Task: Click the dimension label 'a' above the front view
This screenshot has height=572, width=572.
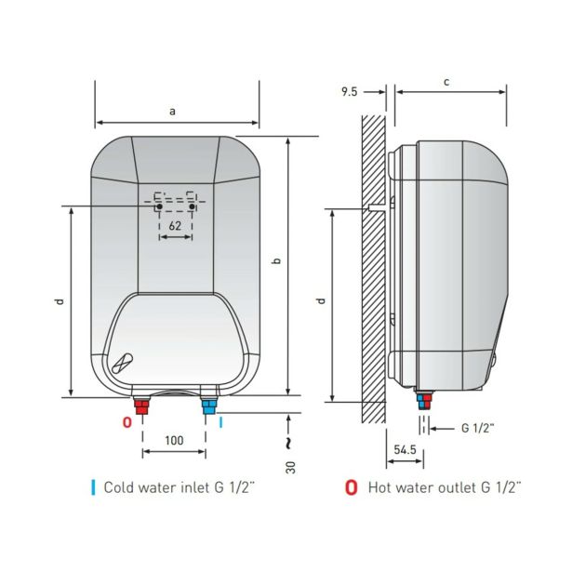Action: pyautogui.click(x=172, y=111)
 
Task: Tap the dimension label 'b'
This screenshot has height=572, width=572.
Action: pyautogui.click(x=277, y=260)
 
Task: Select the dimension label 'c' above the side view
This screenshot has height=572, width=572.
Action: pyautogui.click(x=446, y=82)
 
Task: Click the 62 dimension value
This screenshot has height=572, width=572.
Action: pyautogui.click(x=175, y=226)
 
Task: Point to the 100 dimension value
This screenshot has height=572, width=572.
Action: pyautogui.click(x=174, y=440)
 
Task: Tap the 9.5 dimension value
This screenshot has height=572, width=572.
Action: pyautogui.click(x=349, y=91)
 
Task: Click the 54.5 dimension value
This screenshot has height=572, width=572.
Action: pyautogui.click(x=405, y=449)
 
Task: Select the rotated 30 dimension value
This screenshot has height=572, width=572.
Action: pyautogui.click(x=290, y=467)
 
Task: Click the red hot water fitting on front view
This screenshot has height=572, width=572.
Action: pyautogui.click(x=141, y=406)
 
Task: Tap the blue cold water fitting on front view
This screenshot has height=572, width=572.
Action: pyautogui.click(x=209, y=406)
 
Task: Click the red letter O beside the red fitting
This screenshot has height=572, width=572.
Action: pyautogui.click(x=126, y=422)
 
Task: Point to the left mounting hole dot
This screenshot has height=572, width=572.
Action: pyautogui.click(x=159, y=206)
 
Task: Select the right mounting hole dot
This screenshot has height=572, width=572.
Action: pyautogui.click(x=192, y=206)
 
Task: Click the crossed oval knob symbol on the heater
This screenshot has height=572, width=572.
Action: pyautogui.click(x=123, y=364)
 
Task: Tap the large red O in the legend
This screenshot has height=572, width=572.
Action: pyautogui.click(x=351, y=487)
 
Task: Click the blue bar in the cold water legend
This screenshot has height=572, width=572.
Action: pyautogui.click(x=93, y=487)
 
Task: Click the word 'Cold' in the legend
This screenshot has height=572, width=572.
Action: pyautogui.click(x=116, y=487)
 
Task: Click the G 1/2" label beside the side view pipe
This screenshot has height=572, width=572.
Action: pyautogui.click(x=477, y=428)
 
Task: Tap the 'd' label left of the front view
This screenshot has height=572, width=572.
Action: pyautogui.click(x=60, y=301)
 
